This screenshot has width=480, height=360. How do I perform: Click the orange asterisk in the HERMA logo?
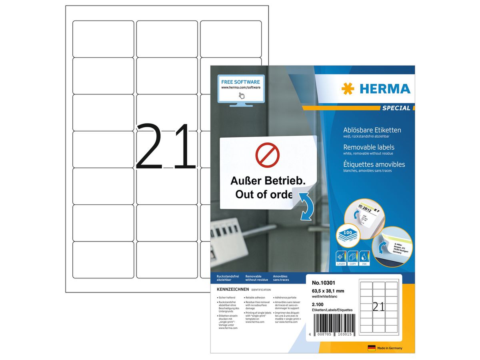pos(348,89)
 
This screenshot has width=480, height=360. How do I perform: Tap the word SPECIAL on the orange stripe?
pos(396,108)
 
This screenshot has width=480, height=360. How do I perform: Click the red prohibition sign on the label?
pos(267,155)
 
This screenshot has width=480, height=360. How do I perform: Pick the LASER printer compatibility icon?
pos(341,258)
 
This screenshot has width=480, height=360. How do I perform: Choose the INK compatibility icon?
pos(365,258)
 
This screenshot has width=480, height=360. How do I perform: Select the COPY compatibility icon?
pos(353,258)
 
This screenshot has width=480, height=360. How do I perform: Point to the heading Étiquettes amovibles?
pos(374,164)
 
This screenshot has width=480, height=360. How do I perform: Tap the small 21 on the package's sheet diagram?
pos(379,307)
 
